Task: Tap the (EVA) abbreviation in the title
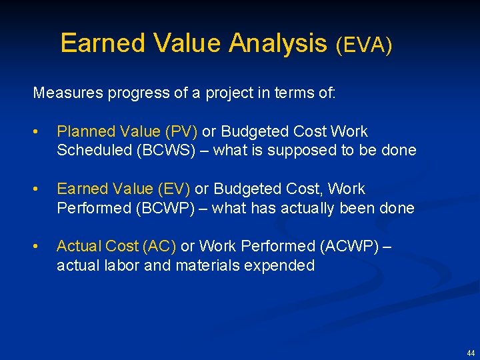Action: [363, 45]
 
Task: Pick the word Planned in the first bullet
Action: [83, 132]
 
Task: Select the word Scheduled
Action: [94, 151]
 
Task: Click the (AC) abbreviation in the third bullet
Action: [159, 247]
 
